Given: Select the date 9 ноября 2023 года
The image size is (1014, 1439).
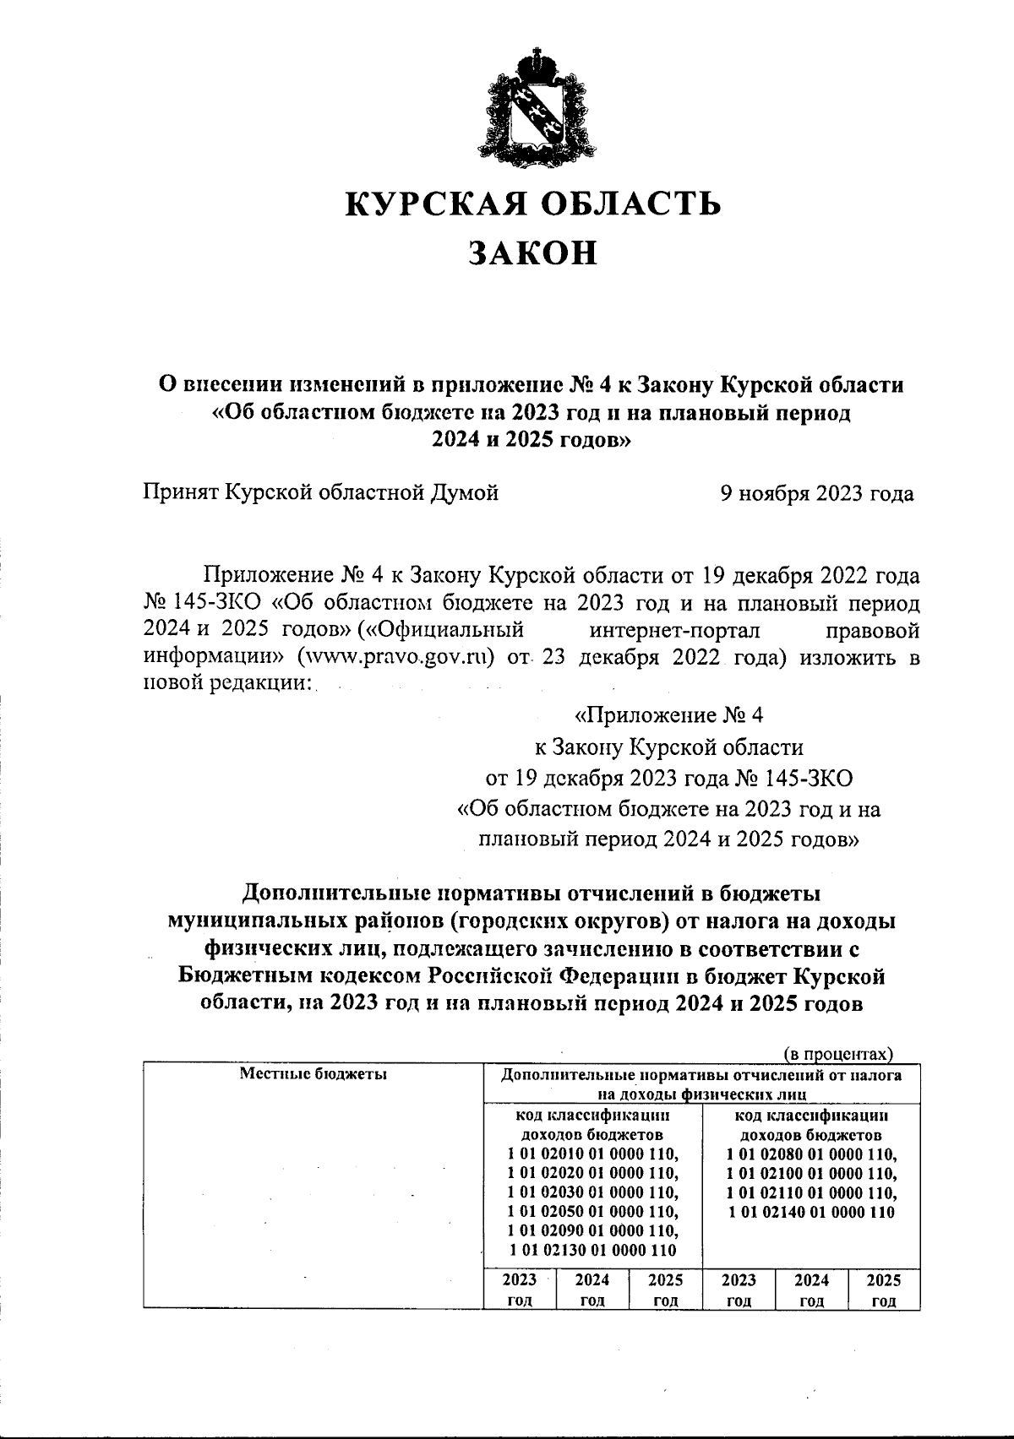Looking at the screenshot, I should coord(816,493).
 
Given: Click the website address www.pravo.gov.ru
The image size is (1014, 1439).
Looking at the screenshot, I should coord(394,657).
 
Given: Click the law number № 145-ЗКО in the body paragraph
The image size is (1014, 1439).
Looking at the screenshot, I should coord(203,604).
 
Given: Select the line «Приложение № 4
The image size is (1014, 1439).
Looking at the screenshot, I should coord(668,716).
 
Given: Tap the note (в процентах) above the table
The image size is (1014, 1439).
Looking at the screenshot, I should coord(837,1053).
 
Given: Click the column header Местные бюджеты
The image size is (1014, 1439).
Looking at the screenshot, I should coord(313,1074).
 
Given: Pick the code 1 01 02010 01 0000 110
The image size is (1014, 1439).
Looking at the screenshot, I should coord(593,1153).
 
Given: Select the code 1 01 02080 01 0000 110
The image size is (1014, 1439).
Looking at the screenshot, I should coord(811,1153).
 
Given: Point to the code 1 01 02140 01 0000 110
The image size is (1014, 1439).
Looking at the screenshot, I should coord(811,1212).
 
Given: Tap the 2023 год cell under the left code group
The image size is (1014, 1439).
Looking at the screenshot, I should coord(520,1290).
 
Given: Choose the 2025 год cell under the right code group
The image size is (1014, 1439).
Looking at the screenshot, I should coord(884,1290).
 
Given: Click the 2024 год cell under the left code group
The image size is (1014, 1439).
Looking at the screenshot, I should coord(593,1290).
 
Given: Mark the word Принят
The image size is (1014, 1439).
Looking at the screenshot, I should coord(180,493).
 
